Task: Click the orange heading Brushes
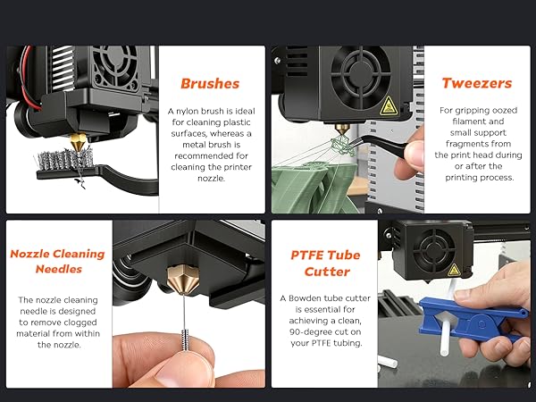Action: click(210, 84)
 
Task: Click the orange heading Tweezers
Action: click(476, 83)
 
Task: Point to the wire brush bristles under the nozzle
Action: click(53, 162)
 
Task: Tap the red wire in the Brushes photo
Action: click(27, 93)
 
